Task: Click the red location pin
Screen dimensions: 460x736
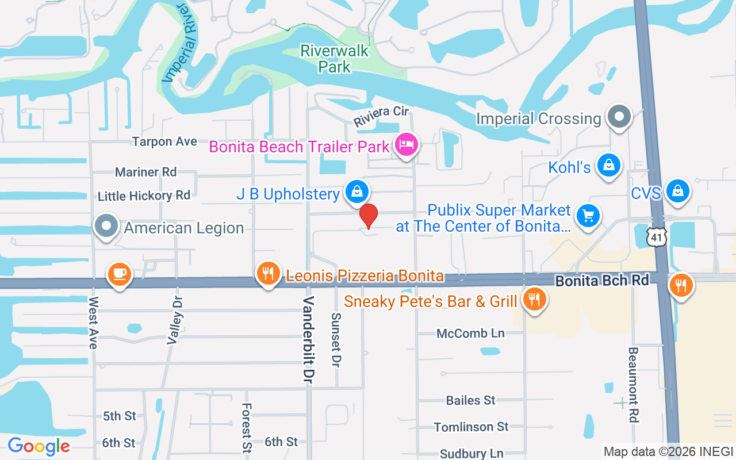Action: click(x=368, y=216)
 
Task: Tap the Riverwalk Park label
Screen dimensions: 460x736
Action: click(x=334, y=59)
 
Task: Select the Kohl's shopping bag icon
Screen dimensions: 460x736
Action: click(x=608, y=166)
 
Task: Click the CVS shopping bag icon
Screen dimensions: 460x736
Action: click(x=678, y=191)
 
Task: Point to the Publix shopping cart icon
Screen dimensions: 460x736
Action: click(x=588, y=217)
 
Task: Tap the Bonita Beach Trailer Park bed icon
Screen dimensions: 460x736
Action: click(x=407, y=144)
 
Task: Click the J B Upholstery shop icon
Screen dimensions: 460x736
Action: click(x=357, y=191)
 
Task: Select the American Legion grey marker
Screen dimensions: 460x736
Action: click(x=106, y=227)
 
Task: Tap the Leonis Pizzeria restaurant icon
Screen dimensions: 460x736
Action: click(x=268, y=274)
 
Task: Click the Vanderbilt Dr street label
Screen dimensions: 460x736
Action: click(x=309, y=340)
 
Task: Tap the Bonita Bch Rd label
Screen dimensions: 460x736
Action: click(x=601, y=281)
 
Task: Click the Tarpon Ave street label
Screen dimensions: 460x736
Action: click(x=164, y=141)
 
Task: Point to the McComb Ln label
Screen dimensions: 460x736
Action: click(x=470, y=333)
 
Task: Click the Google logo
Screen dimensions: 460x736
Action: click(x=39, y=446)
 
